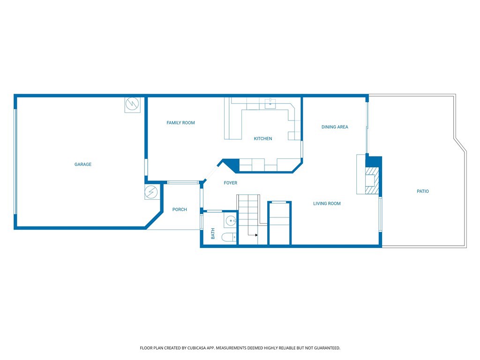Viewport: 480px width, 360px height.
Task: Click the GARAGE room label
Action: (x=83, y=165)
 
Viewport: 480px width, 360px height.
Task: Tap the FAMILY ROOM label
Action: (x=180, y=123)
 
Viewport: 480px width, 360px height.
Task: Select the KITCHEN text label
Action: (x=263, y=139)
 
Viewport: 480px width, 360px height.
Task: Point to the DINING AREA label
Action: (x=335, y=127)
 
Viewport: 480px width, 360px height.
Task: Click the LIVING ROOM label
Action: (x=327, y=203)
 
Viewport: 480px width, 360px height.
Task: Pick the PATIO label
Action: (x=423, y=191)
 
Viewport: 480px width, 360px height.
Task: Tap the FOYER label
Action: (x=231, y=183)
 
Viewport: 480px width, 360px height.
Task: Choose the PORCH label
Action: (x=180, y=210)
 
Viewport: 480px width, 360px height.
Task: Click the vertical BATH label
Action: (x=213, y=233)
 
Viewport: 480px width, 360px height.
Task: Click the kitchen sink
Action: (x=270, y=104)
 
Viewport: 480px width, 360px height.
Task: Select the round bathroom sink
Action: (x=231, y=220)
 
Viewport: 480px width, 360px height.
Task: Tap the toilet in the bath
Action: (x=229, y=237)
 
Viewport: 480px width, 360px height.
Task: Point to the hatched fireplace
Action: (x=372, y=180)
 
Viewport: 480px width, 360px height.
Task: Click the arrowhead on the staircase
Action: (x=256, y=235)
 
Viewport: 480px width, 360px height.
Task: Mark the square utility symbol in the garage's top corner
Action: (x=132, y=105)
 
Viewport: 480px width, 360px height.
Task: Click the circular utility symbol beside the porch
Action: (x=151, y=192)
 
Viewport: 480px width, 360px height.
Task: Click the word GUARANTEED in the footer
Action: (x=328, y=348)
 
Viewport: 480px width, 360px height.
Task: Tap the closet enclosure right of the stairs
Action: (x=279, y=223)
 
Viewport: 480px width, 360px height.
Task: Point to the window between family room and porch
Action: (x=183, y=182)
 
